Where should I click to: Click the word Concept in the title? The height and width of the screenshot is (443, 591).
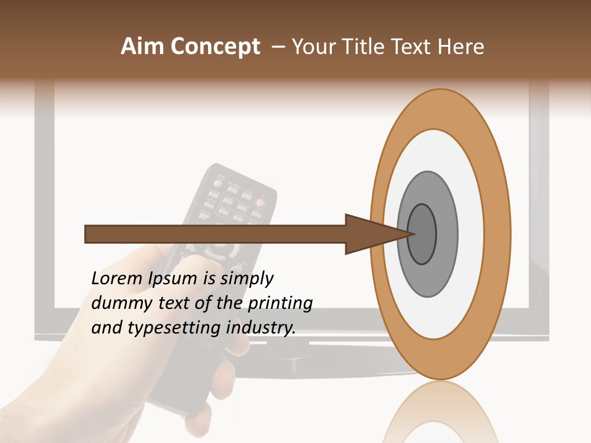coord(215,47)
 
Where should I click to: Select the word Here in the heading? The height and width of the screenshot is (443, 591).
coord(461,47)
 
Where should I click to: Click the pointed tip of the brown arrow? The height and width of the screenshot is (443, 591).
coord(414,234)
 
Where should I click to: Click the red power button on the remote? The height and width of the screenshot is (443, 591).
coord(261,202)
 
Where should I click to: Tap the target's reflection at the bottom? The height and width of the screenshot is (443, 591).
coord(440,412)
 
